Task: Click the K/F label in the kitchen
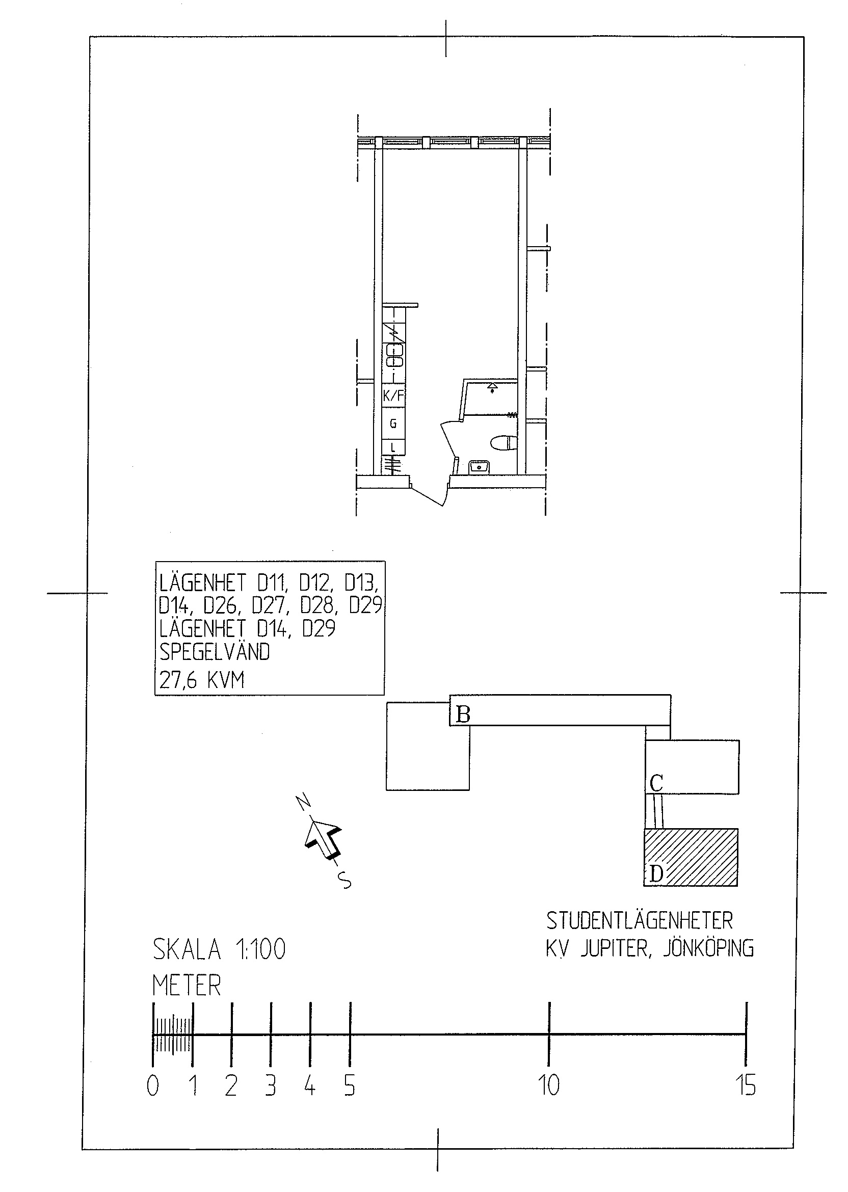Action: click(x=394, y=395)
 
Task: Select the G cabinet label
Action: click(x=393, y=423)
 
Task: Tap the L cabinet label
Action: click(x=393, y=447)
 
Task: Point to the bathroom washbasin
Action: click(x=479, y=466)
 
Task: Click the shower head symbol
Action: click(x=492, y=387)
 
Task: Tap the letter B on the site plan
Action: click(x=463, y=714)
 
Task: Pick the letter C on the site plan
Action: click(x=656, y=783)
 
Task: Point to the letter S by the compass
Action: click(x=344, y=880)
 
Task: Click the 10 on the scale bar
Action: click(x=549, y=1085)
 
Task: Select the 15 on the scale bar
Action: click(x=747, y=1085)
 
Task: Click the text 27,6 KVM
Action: click(x=202, y=680)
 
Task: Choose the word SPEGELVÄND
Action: click(x=214, y=652)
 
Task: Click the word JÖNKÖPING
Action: click(x=708, y=948)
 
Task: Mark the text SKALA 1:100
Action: click(x=219, y=949)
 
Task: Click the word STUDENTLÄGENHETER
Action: click(x=640, y=920)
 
